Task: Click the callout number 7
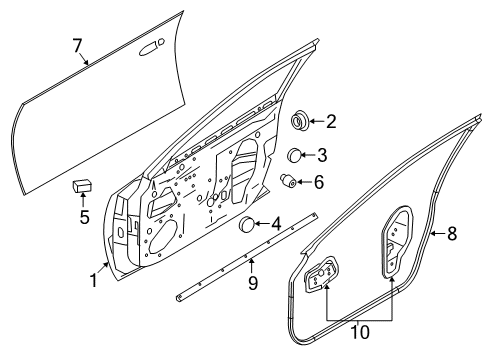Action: [76, 45]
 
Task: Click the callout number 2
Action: [331, 122]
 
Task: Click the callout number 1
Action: [93, 282]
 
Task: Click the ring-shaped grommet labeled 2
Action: [299, 122]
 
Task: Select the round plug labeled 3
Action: [296, 154]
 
